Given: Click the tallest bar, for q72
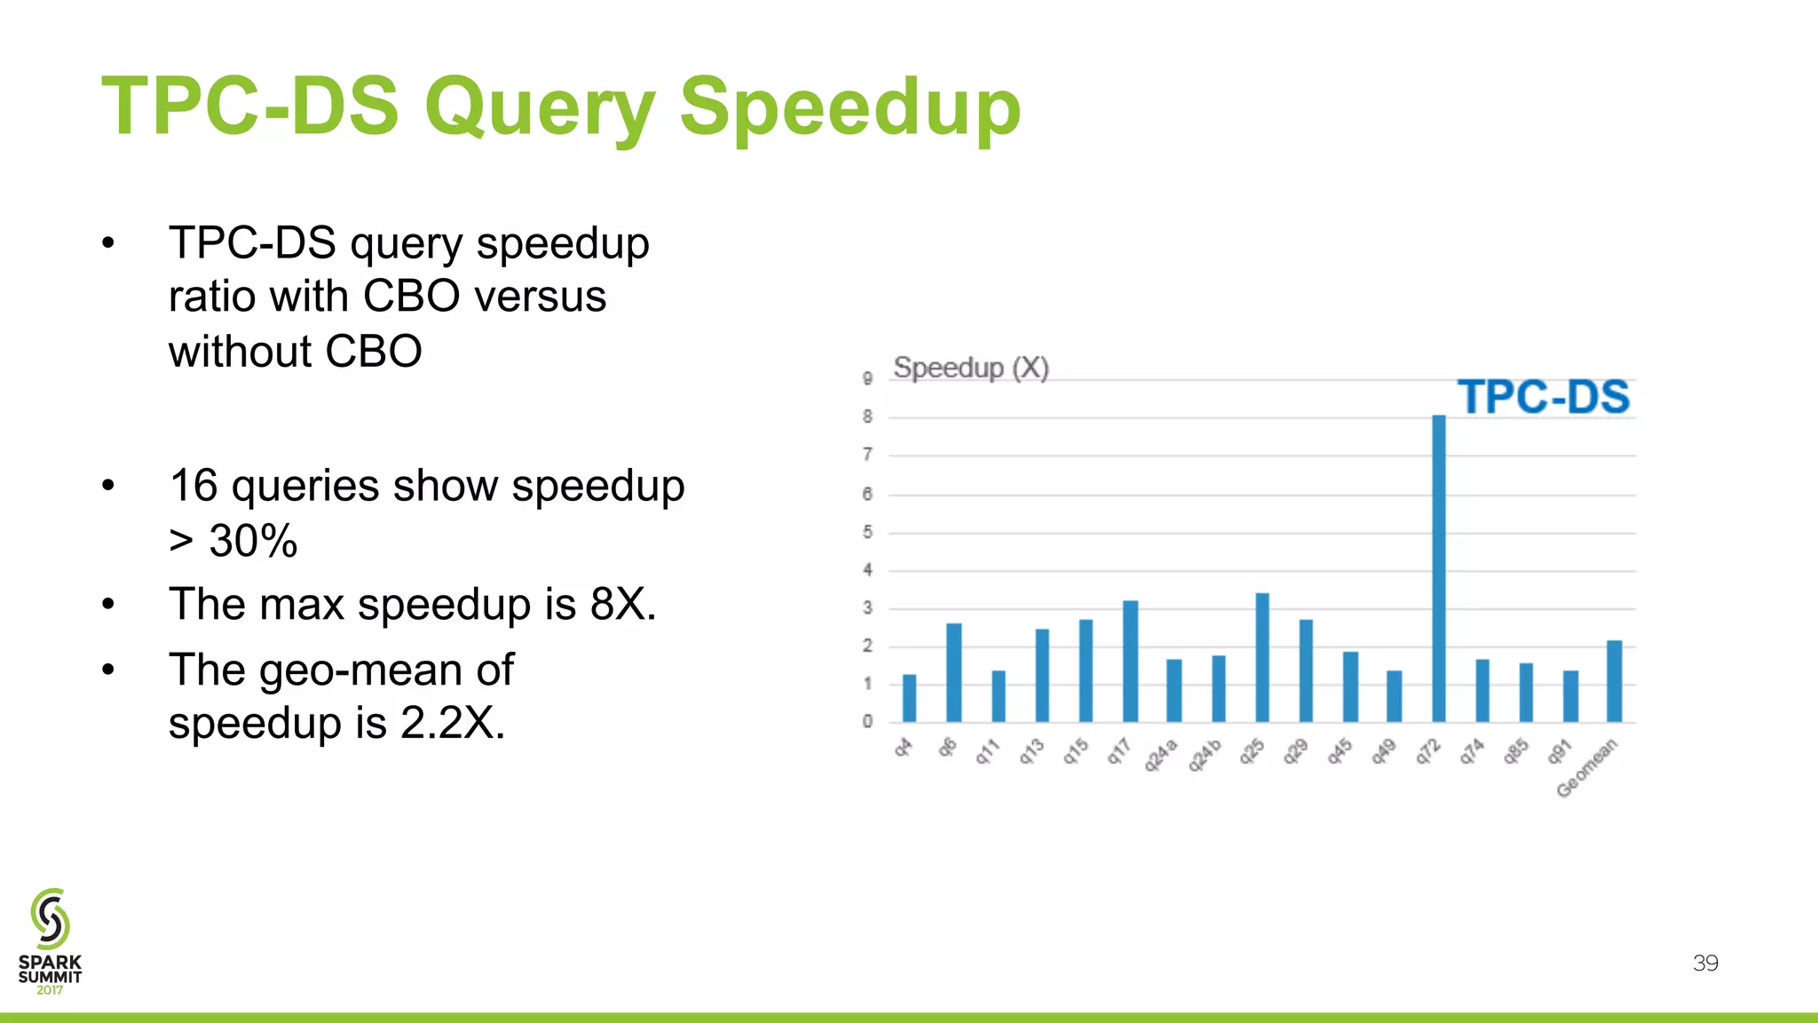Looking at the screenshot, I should (x=1438, y=568).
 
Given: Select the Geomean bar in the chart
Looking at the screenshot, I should (x=1614, y=682).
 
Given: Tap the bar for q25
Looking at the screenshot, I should (x=1261, y=658).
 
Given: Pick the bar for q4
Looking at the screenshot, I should (x=909, y=699).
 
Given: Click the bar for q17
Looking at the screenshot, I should (x=1129, y=662).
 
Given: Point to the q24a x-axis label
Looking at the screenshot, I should (x=1159, y=755).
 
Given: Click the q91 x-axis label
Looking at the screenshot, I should (x=1560, y=751).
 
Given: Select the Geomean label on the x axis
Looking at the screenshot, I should (x=1587, y=768).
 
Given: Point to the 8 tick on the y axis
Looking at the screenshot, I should (x=867, y=416).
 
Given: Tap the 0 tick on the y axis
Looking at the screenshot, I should (x=867, y=721).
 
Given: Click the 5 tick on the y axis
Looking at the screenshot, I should (x=867, y=532).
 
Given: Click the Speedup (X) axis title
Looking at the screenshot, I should (x=970, y=368).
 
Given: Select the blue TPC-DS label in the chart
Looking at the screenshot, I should (x=1543, y=397).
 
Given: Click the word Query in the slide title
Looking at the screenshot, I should (x=540, y=107).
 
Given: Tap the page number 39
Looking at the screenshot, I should (x=1705, y=964).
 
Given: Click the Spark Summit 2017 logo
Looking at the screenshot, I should (x=50, y=941).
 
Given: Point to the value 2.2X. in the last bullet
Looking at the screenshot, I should (x=453, y=723).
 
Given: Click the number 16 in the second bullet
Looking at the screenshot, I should (x=194, y=487).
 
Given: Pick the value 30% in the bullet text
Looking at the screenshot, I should (x=253, y=541).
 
